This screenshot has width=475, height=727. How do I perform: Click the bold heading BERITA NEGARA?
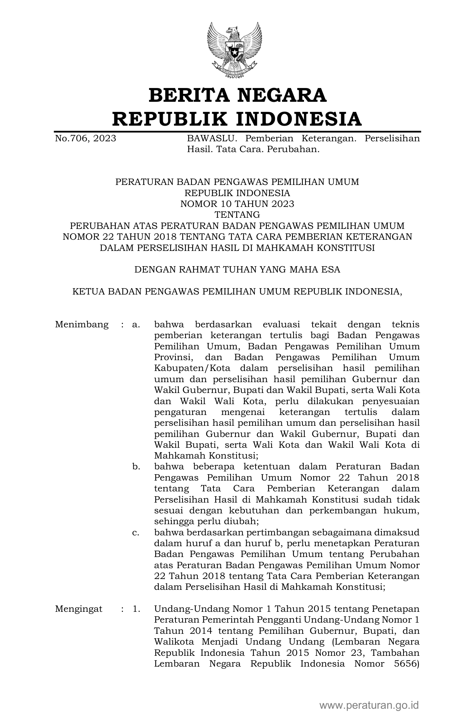pyautogui.click(x=237, y=95)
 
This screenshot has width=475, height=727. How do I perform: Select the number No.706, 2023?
pyautogui.click(x=85, y=139)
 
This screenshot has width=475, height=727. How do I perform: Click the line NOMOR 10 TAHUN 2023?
pyautogui.click(x=237, y=204)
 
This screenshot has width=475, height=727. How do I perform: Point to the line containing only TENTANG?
pyautogui.click(x=237, y=215)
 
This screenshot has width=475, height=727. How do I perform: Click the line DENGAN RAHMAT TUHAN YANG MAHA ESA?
pyautogui.click(x=237, y=270)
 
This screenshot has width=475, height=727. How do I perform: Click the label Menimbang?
pyautogui.click(x=82, y=324)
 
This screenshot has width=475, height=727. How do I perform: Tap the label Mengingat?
pyautogui.click(x=79, y=609)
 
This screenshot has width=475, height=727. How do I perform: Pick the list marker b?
pyautogui.click(x=136, y=467)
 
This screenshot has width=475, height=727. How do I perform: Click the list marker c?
pyautogui.click(x=136, y=532)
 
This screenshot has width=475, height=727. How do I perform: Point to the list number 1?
pyautogui.click(x=136, y=609)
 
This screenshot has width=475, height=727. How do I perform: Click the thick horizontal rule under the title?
pyautogui.click(x=237, y=132)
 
